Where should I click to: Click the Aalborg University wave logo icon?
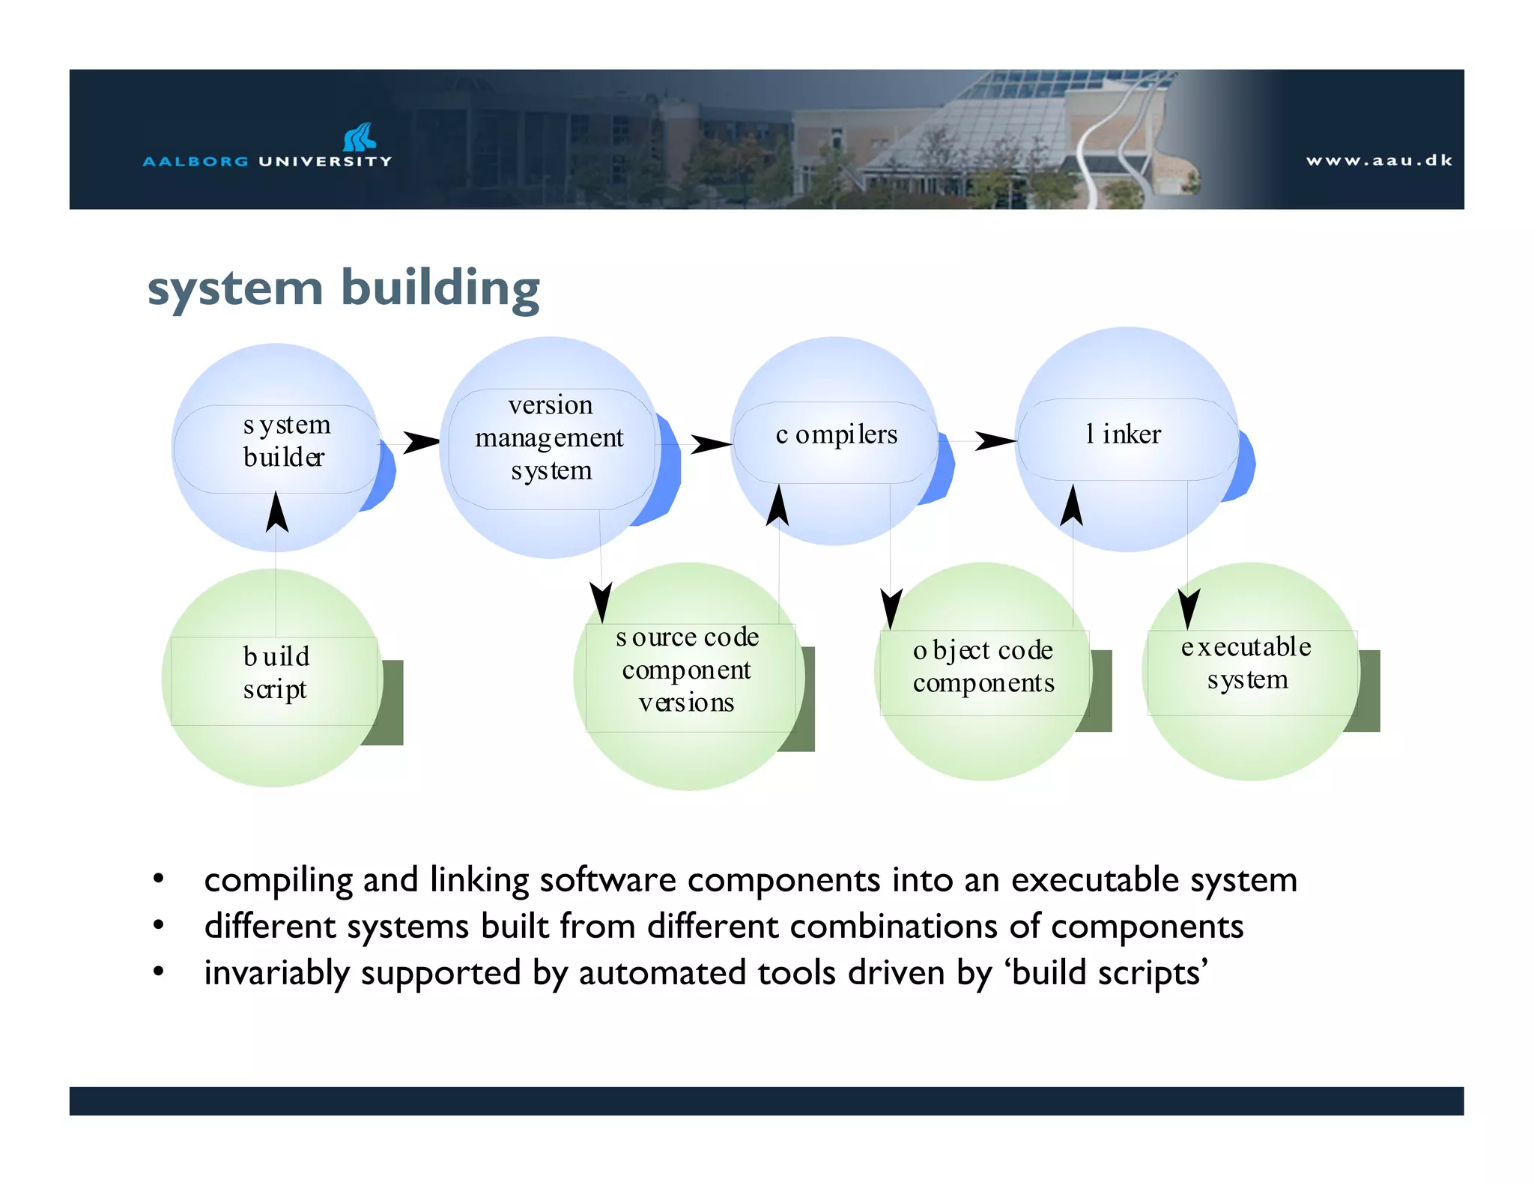click(x=360, y=137)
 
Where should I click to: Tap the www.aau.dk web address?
click(x=1378, y=160)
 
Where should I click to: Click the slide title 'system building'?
click(x=343, y=288)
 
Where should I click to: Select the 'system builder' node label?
click(x=285, y=441)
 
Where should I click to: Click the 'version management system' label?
click(x=550, y=437)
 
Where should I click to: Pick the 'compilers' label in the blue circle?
click(x=836, y=434)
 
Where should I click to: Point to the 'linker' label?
click(x=1123, y=434)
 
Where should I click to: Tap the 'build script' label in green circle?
click(x=276, y=673)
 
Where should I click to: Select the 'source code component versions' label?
click(x=687, y=670)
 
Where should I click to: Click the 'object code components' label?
click(x=983, y=667)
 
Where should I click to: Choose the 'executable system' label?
click(x=1246, y=663)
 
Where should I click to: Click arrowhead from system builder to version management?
click(x=421, y=442)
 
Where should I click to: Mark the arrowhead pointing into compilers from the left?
click(x=709, y=444)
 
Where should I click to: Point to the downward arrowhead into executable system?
click(x=1188, y=607)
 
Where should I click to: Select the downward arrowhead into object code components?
click(x=891, y=607)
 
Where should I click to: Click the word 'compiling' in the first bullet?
click(x=278, y=881)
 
